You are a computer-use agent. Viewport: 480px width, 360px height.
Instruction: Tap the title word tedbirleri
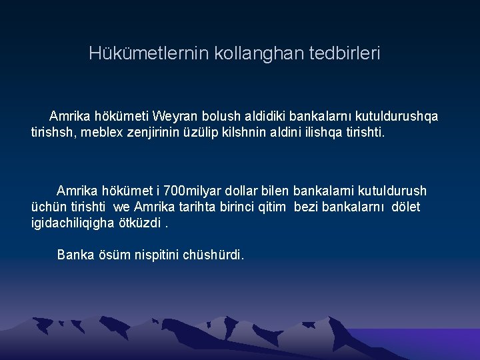click(x=345, y=53)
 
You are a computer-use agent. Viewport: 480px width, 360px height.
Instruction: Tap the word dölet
click(x=405, y=207)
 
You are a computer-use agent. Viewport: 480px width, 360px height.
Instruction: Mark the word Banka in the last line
click(x=73, y=254)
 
